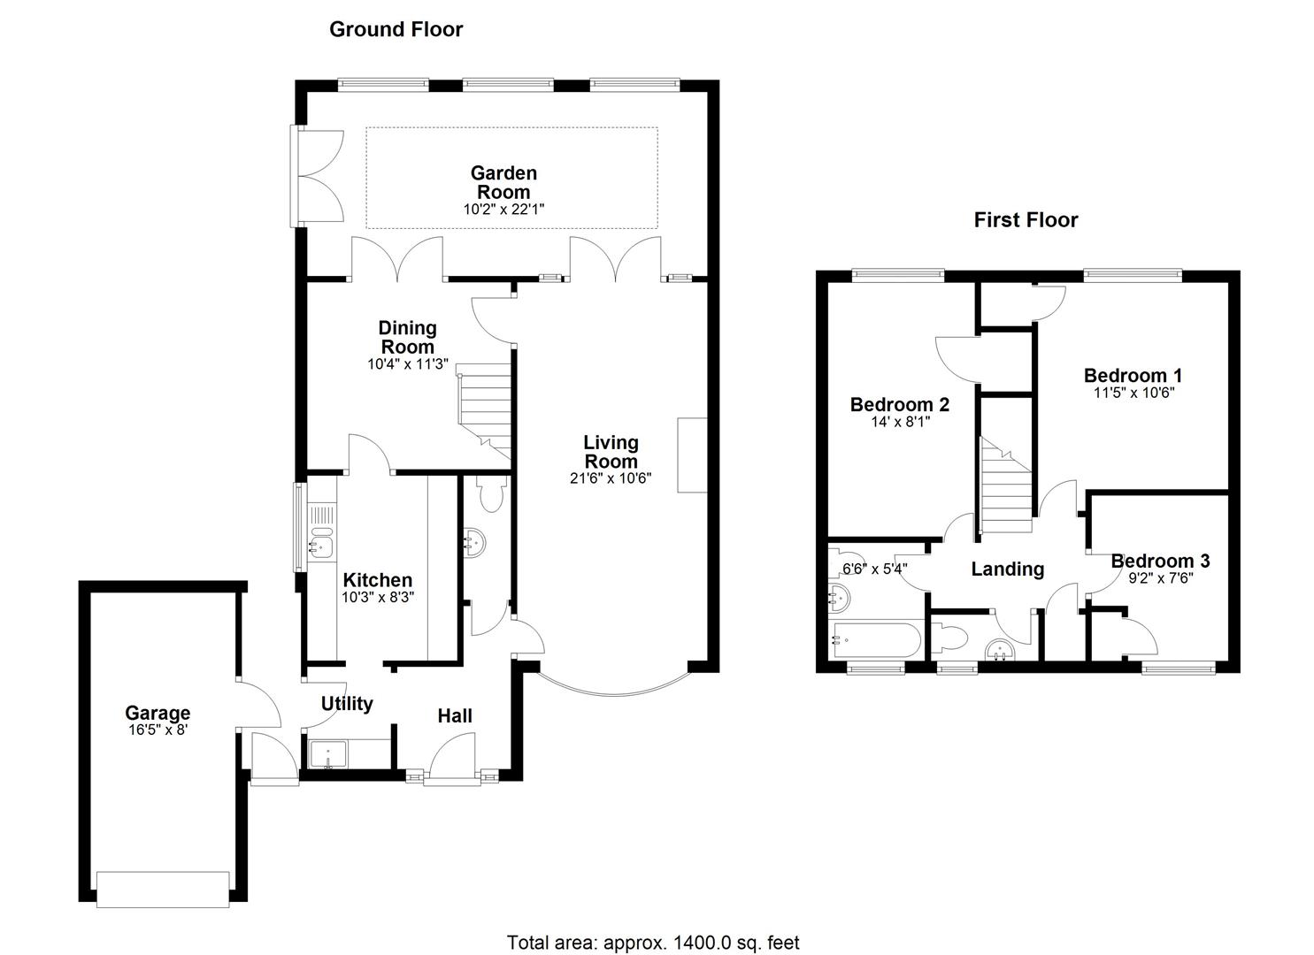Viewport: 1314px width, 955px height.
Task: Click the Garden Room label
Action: (503, 182)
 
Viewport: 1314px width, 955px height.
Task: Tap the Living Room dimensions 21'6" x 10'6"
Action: (611, 478)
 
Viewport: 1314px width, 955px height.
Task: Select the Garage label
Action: (158, 713)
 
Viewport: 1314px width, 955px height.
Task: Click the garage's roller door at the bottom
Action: (164, 888)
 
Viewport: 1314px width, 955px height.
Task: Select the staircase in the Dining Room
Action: (486, 409)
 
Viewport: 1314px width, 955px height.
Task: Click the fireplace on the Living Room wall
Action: (691, 455)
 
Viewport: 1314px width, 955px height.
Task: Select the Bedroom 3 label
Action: (1160, 561)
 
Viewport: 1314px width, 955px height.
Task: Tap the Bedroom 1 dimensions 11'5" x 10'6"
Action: (1133, 393)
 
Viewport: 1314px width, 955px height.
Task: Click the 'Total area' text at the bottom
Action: (653, 943)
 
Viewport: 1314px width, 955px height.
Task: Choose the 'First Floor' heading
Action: (1026, 220)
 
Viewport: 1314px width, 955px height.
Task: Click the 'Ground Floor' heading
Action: (396, 29)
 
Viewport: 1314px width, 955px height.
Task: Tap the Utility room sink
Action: (329, 754)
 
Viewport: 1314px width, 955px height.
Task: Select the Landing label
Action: (1007, 569)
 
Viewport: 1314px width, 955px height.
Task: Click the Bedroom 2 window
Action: (898, 275)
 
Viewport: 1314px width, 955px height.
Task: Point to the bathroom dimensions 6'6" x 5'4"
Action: (874, 569)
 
